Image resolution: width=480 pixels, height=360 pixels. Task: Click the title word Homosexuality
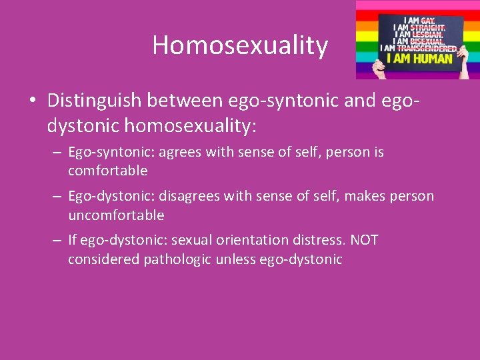(x=240, y=45)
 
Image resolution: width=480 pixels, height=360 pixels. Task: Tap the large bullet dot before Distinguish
(x=32, y=101)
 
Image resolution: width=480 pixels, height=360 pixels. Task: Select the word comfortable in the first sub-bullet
(x=107, y=171)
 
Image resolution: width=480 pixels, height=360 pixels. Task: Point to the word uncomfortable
(x=116, y=215)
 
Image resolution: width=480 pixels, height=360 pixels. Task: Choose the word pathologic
(x=179, y=259)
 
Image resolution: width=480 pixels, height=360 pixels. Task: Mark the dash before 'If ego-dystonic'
(x=57, y=241)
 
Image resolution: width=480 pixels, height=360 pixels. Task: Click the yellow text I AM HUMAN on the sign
(x=423, y=59)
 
